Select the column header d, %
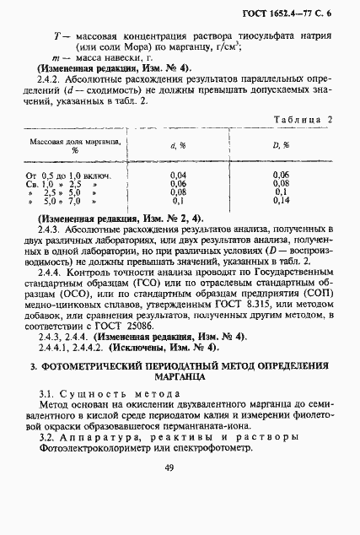pyautogui.click(x=178, y=145)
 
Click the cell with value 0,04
pyautogui.click(x=178, y=174)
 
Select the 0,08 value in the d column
pyautogui.click(x=178, y=192)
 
